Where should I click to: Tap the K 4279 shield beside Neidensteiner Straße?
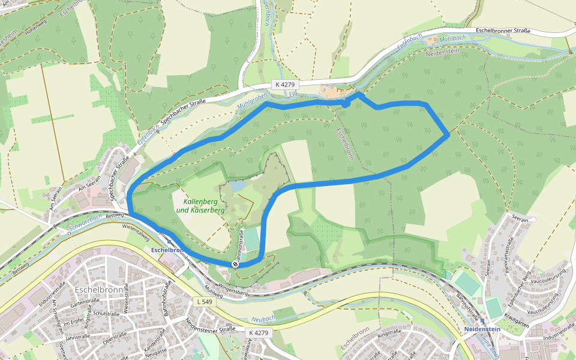260,332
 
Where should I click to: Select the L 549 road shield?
205,302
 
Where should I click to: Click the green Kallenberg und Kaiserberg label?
200,206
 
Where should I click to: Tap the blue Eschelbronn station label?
166,250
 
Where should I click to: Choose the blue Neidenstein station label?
482,329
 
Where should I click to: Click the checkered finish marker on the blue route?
235,263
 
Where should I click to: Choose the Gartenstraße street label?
85,305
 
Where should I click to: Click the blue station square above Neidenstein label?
482,322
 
